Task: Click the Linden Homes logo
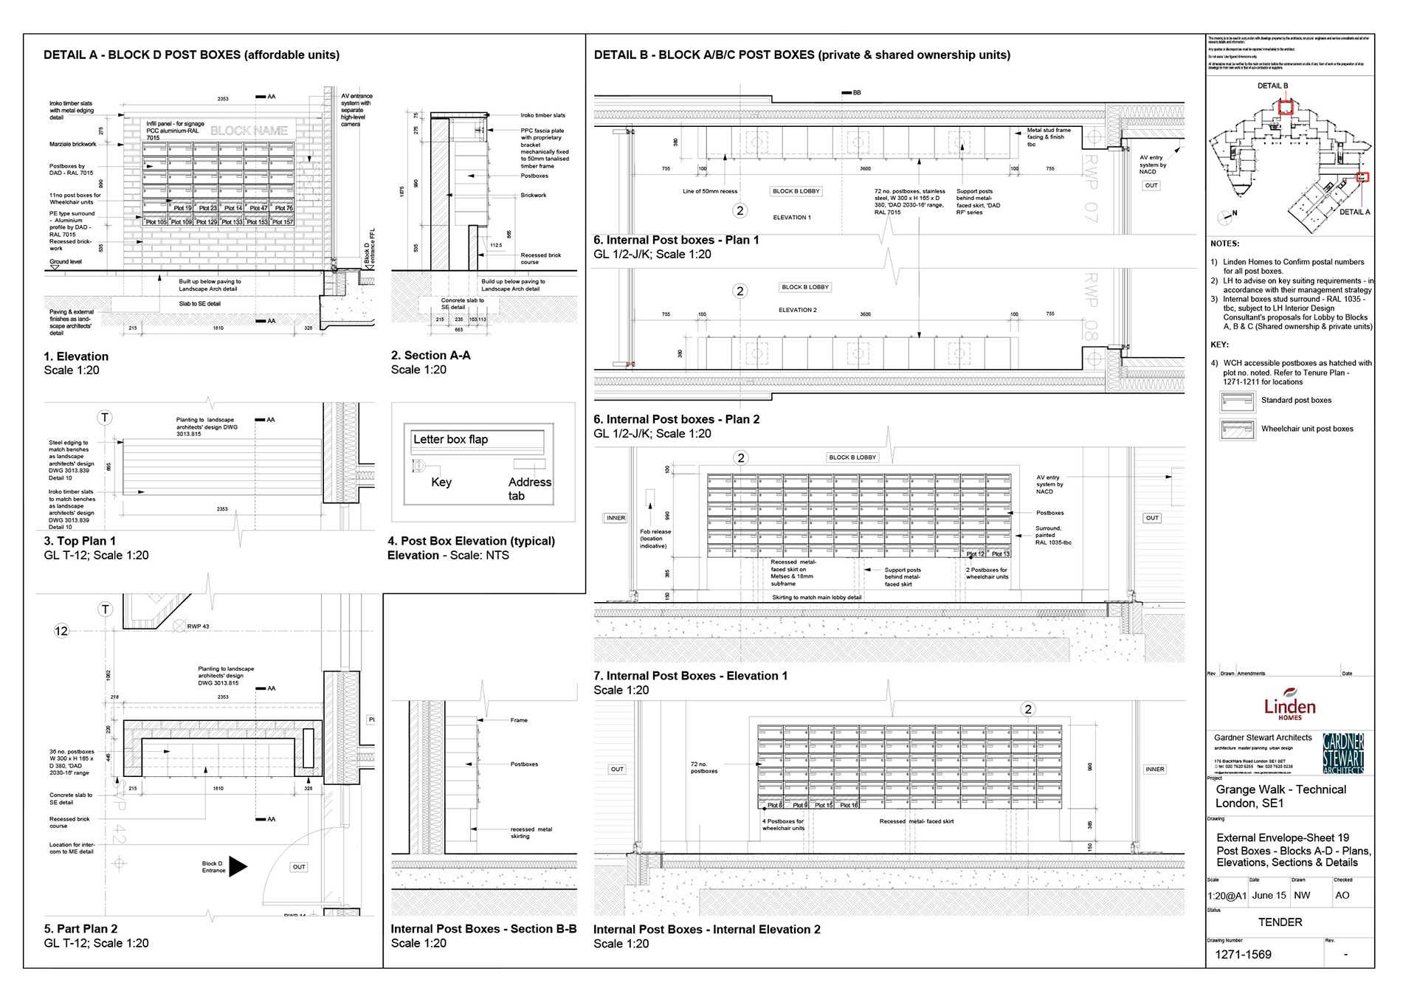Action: (x=1289, y=704)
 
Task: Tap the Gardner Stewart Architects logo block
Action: (x=1342, y=753)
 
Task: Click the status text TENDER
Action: (x=1280, y=922)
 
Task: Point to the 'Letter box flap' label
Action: (x=450, y=440)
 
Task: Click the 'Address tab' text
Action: (x=529, y=488)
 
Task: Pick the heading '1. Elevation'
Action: (x=76, y=356)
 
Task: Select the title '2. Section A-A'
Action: (x=430, y=356)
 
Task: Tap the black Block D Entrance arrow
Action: (x=238, y=866)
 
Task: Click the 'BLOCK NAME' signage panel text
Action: (x=249, y=131)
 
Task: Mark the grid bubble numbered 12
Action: (x=61, y=631)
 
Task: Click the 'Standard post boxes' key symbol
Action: (x=1237, y=401)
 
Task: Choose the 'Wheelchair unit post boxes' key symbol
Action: (x=1237, y=429)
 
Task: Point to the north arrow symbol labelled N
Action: (x=1226, y=216)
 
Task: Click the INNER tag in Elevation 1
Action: (x=616, y=518)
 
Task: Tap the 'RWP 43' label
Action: (x=198, y=626)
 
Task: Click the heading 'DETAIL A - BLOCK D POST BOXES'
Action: (x=191, y=55)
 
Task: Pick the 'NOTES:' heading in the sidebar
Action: (x=1224, y=243)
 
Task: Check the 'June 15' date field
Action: (x=1269, y=896)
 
